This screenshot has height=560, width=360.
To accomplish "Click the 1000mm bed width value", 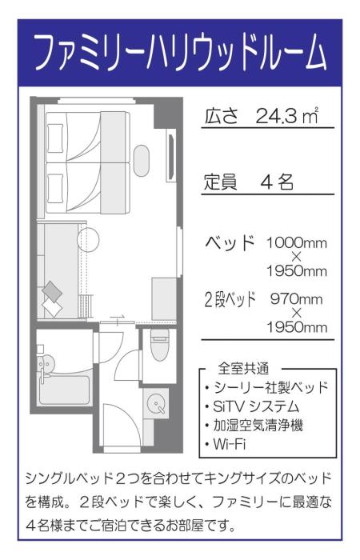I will tap(297, 242).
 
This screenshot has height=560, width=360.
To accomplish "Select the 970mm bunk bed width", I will tap(297, 299).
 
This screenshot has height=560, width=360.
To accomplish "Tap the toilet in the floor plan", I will tap(158, 345).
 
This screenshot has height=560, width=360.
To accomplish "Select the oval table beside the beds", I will tap(142, 160).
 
